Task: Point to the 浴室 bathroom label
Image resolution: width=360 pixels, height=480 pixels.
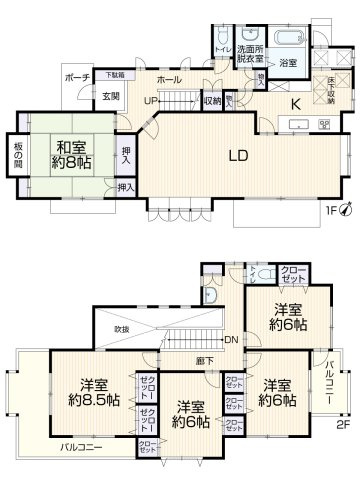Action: tap(289, 63)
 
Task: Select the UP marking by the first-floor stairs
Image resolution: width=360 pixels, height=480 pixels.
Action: tap(150, 101)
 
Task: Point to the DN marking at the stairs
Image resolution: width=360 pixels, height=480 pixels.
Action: tap(229, 338)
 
